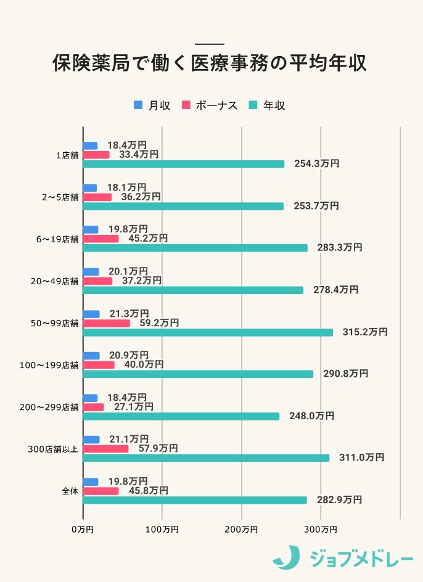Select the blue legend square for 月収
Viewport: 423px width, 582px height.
tap(138, 105)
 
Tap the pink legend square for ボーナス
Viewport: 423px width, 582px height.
tap(185, 105)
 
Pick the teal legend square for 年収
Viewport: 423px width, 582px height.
tap(252, 105)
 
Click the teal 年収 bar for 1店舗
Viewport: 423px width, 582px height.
tap(184, 164)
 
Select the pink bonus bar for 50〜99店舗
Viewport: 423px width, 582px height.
tap(107, 323)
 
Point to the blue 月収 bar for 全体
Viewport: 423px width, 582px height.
tap(91, 482)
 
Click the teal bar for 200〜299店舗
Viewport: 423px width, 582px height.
tap(181, 416)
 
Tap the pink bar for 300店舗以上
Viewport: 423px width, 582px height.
tap(106, 449)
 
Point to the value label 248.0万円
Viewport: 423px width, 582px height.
tap(311, 416)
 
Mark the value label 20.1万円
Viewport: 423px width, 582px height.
tap(128, 271)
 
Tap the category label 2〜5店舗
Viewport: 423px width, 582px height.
tap(60, 197)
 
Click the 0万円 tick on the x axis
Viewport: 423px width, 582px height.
tap(83, 529)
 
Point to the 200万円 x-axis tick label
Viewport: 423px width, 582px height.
tap(241, 529)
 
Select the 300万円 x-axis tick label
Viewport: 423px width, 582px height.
tap(321, 529)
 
